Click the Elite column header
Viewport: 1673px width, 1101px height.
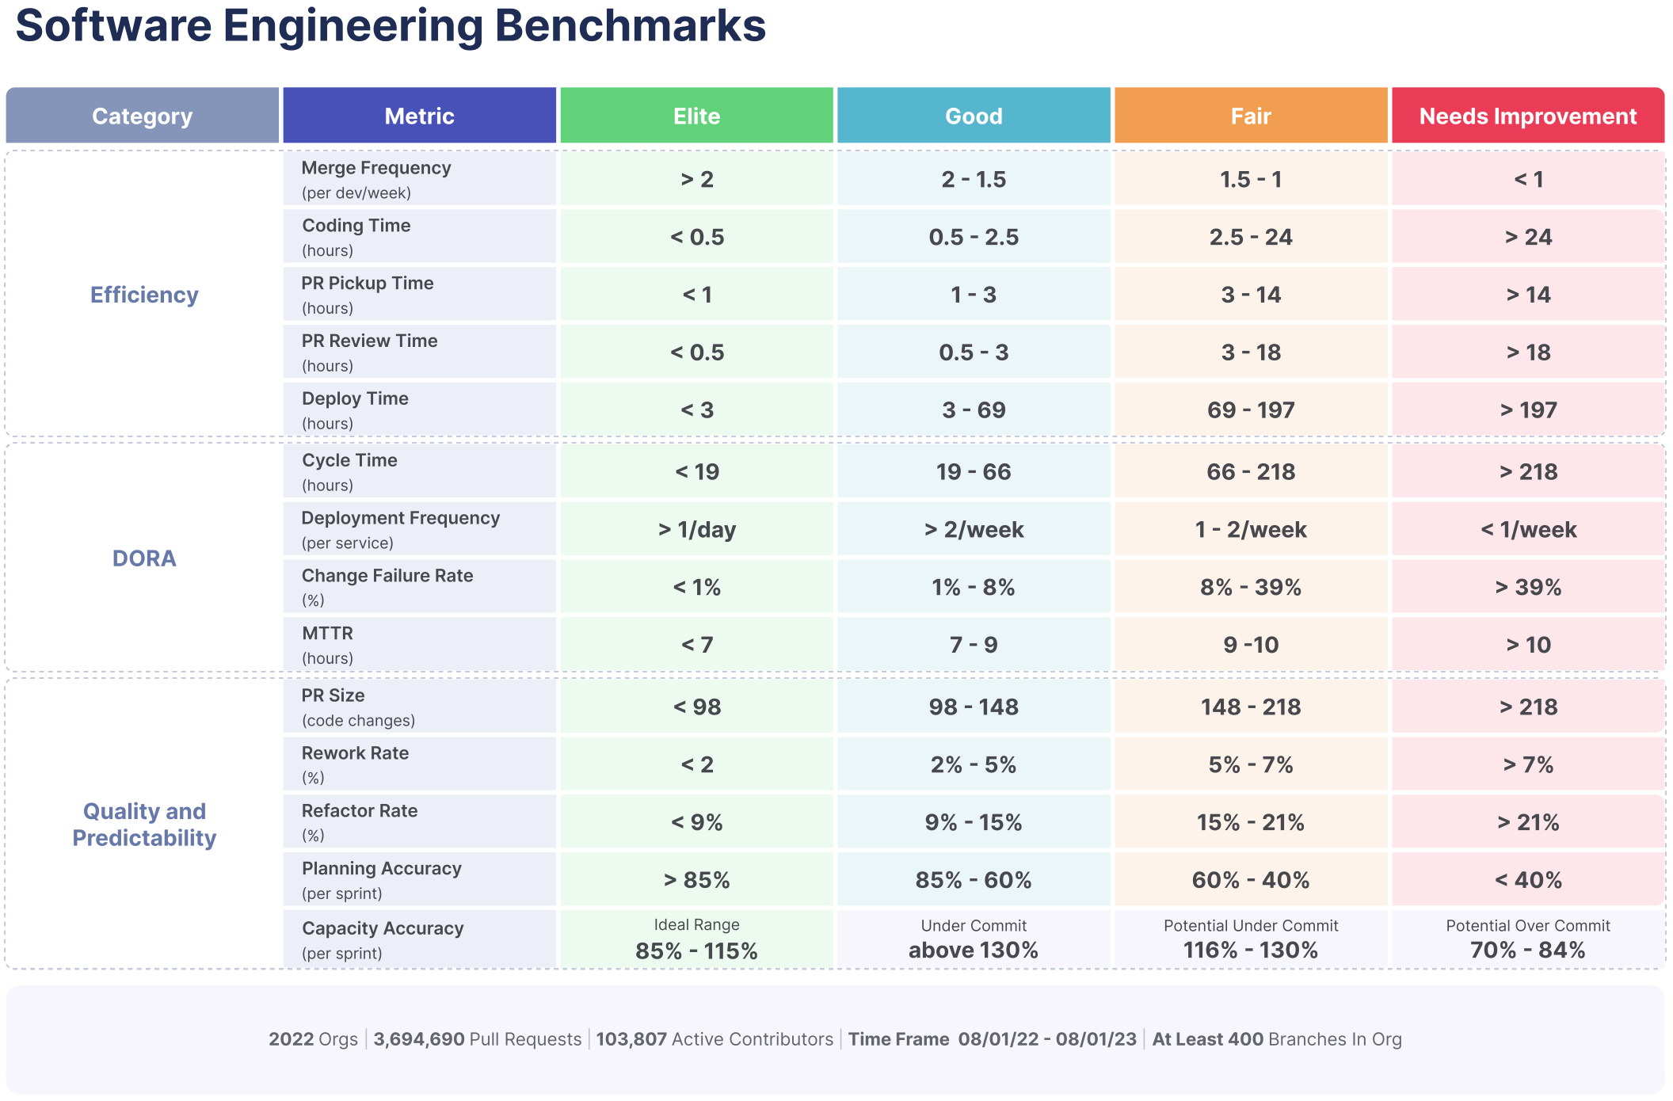pyautogui.click(x=696, y=116)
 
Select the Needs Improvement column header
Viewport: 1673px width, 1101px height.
pyautogui.click(x=1527, y=116)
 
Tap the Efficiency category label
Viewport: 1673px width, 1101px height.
pyautogui.click(x=144, y=295)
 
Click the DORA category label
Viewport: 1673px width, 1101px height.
pyautogui.click(x=144, y=558)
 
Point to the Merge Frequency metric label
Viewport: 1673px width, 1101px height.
pyautogui.click(x=376, y=168)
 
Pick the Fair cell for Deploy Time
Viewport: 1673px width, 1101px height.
pyautogui.click(x=1251, y=410)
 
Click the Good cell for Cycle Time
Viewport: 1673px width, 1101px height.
pyautogui.click(x=974, y=472)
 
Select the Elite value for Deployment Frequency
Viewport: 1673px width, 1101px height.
pyautogui.click(x=696, y=530)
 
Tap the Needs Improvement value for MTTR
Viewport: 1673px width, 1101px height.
pyautogui.click(x=1527, y=645)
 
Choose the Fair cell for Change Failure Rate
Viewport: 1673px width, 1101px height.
pyautogui.click(x=1251, y=588)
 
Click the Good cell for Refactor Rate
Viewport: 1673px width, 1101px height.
pyautogui.click(x=974, y=822)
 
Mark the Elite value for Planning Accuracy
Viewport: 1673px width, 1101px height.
pyautogui.click(x=696, y=880)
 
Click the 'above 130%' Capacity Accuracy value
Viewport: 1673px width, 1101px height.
pyautogui.click(x=974, y=950)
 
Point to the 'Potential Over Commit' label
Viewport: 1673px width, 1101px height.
pyautogui.click(x=1527, y=925)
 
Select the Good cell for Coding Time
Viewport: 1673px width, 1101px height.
pyautogui.click(x=974, y=237)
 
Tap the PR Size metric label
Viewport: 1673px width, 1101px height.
pyautogui.click(x=333, y=695)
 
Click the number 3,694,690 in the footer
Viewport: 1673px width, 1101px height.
pyautogui.click(x=419, y=1039)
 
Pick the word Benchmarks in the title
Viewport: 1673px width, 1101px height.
pyautogui.click(x=630, y=25)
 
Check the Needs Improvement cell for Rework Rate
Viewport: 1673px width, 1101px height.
pyautogui.click(x=1527, y=764)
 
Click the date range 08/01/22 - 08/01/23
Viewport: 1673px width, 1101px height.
pyautogui.click(x=1046, y=1039)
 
